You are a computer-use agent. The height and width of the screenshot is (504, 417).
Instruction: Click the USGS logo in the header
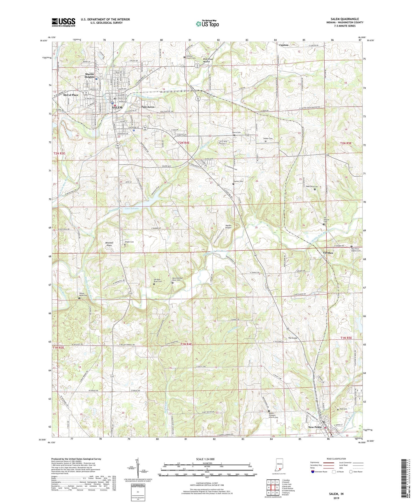(x=63, y=22)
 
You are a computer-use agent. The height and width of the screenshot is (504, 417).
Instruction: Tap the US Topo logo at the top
(x=207, y=24)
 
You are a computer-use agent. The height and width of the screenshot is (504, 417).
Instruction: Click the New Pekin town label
(x=315, y=427)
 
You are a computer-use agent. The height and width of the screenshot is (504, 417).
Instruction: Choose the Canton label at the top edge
(x=284, y=45)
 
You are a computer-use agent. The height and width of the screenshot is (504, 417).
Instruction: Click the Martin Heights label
(x=89, y=76)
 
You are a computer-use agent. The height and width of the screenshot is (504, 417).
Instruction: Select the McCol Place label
(x=71, y=95)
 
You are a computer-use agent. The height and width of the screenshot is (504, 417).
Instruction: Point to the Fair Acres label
(x=148, y=107)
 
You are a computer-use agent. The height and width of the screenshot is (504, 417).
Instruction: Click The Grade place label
(x=293, y=338)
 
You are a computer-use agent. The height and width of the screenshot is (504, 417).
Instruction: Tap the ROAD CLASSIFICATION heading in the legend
(x=336, y=459)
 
